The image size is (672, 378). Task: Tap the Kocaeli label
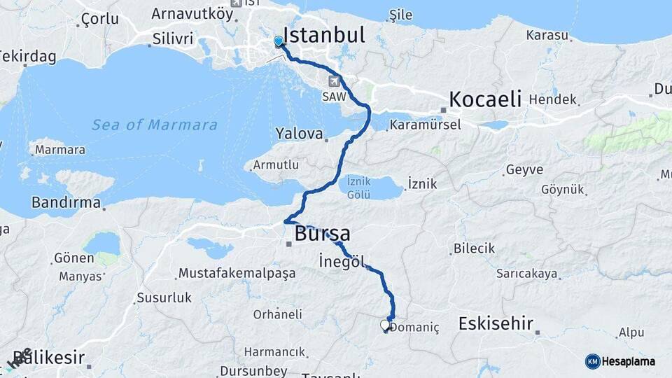click(x=485, y=99)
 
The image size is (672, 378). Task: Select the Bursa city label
click(x=323, y=233)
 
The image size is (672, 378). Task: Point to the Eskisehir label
click(x=496, y=323)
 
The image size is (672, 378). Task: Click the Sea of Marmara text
click(x=155, y=125)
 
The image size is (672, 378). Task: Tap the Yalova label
click(x=299, y=133)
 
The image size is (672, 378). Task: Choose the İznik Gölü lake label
click(x=359, y=189)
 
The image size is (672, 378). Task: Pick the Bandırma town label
click(x=66, y=203)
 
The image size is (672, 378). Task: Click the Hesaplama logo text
click(x=628, y=361)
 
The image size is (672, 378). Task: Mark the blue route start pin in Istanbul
click(x=279, y=42)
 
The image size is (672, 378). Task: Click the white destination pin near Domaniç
click(x=384, y=325)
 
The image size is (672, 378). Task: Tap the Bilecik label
click(x=474, y=248)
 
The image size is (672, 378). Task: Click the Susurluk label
click(x=164, y=297)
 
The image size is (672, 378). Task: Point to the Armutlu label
click(x=276, y=165)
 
